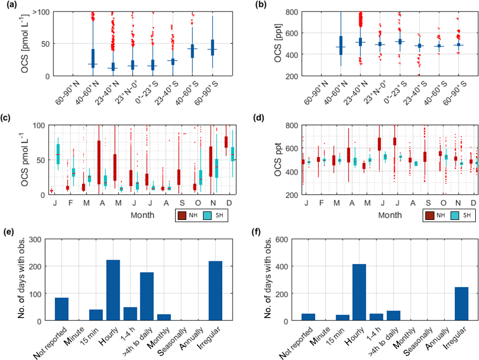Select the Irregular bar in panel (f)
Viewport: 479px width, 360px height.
pyautogui.click(x=461, y=304)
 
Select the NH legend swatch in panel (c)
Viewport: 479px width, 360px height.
pyautogui.click(x=183, y=216)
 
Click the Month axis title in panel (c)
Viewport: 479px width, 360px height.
pyautogui.click(x=142, y=215)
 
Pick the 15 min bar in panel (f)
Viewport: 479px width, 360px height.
pyautogui.click(x=342, y=318)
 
